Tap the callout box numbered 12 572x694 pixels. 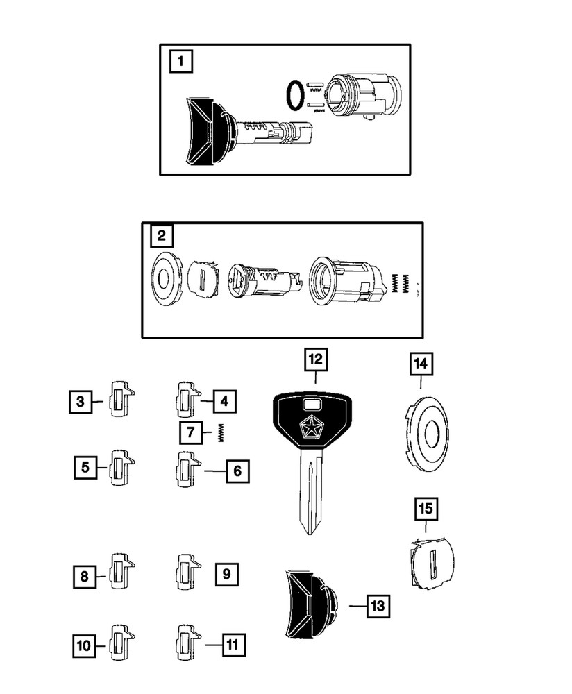[x=315, y=359]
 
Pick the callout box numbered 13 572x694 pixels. [x=376, y=606]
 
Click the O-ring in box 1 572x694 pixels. [x=295, y=95]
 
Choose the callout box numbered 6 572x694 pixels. [x=237, y=471]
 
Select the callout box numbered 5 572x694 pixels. [x=85, y=467]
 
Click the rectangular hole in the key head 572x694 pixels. [x=312, y=406]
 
